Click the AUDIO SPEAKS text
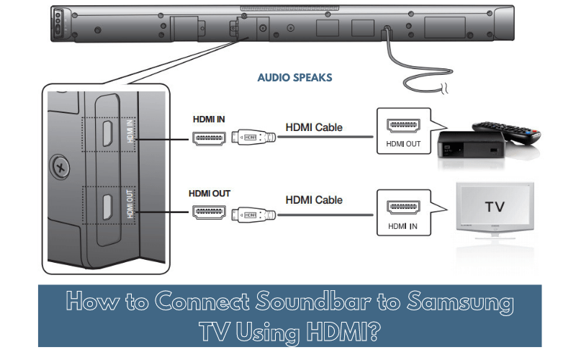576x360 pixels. click(x=294, y=78)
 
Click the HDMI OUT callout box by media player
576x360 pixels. click(x=402, y=133)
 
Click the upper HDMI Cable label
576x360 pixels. click(x=314, y=127)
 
